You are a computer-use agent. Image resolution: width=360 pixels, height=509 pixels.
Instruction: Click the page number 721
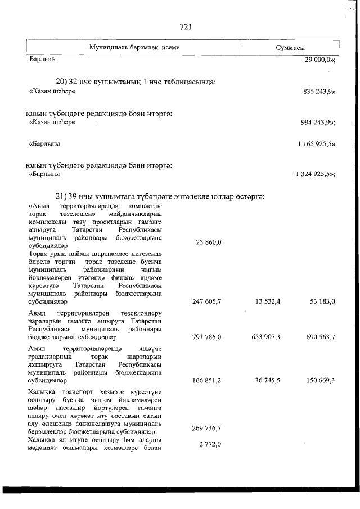186,26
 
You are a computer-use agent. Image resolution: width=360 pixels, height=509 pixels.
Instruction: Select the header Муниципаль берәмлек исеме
134,48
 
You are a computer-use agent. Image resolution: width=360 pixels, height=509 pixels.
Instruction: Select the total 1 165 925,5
317,144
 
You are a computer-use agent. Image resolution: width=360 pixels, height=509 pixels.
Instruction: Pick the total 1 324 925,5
316,174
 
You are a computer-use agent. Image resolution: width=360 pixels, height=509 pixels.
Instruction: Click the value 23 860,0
208,242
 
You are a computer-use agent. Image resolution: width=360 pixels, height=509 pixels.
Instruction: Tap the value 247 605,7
206,302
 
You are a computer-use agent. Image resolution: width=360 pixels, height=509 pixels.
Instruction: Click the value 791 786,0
206,337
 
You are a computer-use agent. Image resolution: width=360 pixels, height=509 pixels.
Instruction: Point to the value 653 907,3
266,337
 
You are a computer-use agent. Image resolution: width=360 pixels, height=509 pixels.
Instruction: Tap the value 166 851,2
206,381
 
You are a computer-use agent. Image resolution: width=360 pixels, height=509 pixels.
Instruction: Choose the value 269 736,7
206,428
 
